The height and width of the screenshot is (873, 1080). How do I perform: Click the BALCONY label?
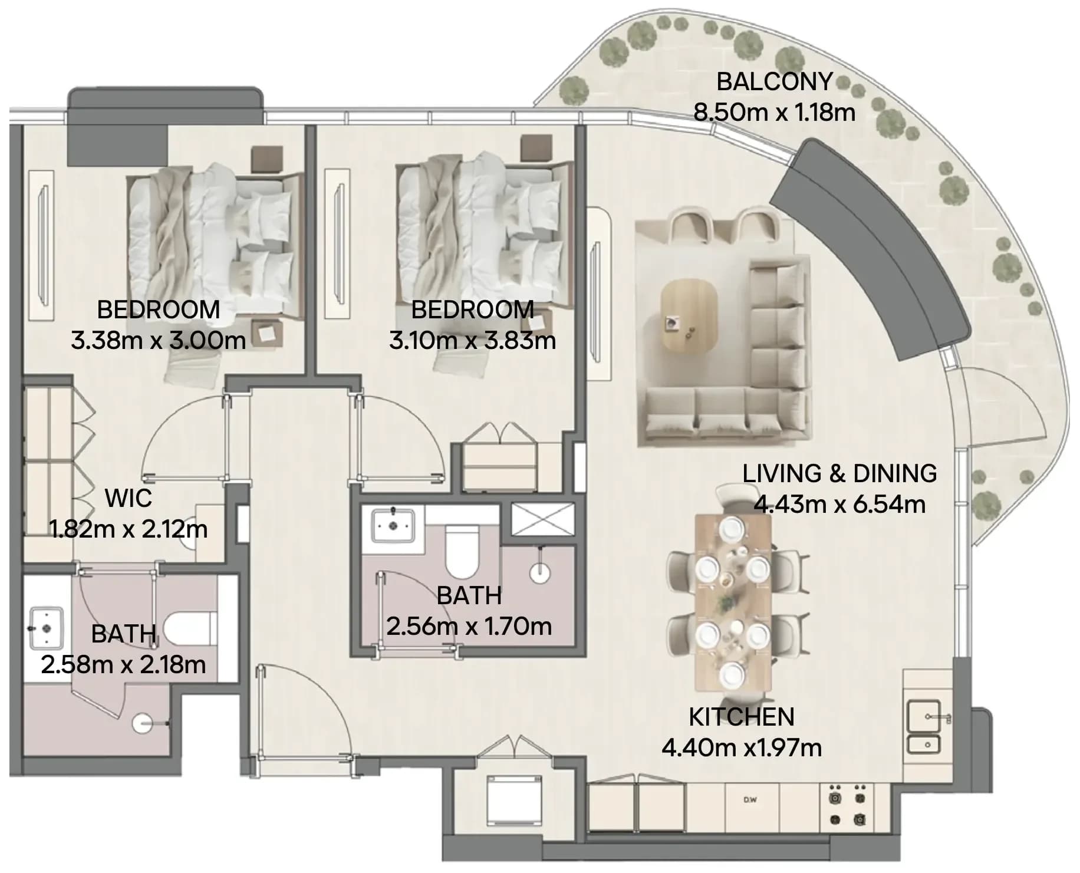point(774,81)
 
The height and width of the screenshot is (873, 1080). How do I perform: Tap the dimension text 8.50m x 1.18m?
point(774,112)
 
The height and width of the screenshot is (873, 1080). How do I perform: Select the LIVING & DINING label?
point(839,473)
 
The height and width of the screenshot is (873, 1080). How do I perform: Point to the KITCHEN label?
point(742,717)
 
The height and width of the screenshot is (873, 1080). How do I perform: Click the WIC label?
point(129,498)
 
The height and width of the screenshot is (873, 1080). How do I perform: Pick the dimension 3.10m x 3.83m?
point(472,340)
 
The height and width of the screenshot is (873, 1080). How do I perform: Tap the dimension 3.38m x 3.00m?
point(158,340)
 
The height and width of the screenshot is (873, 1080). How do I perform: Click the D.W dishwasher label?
point(750,800)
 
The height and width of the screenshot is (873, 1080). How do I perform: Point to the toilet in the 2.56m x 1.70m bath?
point(462,552)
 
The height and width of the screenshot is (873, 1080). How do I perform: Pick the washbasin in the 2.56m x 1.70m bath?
point(392,525)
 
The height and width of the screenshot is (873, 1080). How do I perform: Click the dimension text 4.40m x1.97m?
point(742,747)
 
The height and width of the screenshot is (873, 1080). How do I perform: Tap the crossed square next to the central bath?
point(542,519)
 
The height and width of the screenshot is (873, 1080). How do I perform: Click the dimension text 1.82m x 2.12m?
point(129,529)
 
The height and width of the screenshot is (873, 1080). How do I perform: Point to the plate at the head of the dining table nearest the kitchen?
point(731,673)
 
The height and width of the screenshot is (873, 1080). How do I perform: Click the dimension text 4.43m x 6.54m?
point(839,505)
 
